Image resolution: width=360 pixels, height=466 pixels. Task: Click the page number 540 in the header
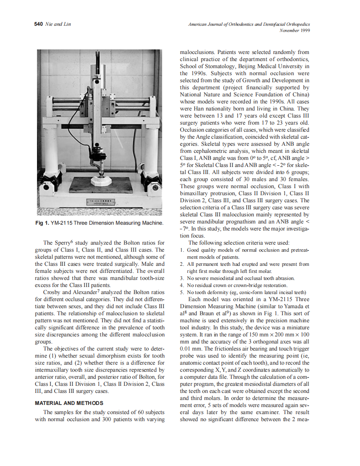(x=38, y=24)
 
